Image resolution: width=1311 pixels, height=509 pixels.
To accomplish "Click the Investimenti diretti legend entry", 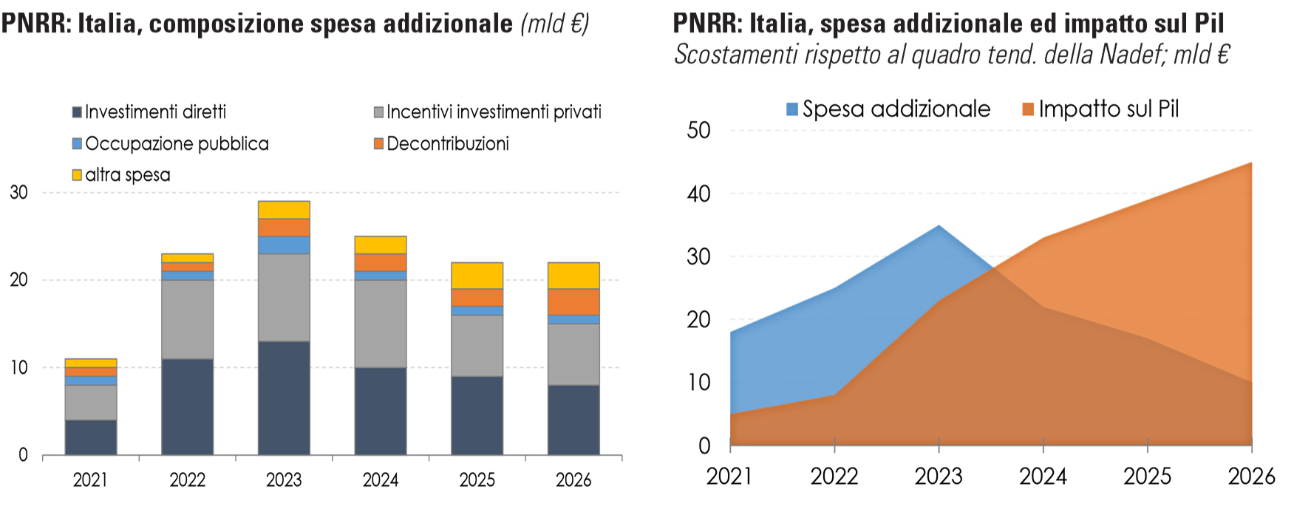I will pyautogui.click(x=149, y=112).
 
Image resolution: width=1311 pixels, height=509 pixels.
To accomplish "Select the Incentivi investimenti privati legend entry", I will pyautogui.click(x=488, y=112).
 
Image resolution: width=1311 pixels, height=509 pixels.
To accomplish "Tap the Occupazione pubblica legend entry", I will pyautogui.click(x=170, y=143).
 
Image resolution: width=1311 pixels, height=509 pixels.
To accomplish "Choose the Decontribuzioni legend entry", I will pyautogui.click(x=441, y=143).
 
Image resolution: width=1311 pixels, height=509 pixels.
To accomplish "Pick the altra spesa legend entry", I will pyautogui.click(x=121, y=175).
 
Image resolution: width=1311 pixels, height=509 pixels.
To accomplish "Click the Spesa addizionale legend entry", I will pyautogui.click(x=888, y=109).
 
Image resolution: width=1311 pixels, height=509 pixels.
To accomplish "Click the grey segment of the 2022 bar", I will pyautogui.click(x=187, y=319).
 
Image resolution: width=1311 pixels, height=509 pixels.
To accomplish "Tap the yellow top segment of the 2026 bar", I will pyautogui.click(x=573, y=276).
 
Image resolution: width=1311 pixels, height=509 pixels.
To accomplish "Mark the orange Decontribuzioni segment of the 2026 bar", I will pyautogui.click(x=573, y=301).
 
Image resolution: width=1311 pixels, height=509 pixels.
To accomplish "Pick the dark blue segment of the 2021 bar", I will pyautogui.click(x=91, y=437).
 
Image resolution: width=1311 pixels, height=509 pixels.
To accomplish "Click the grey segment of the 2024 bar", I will pyautogui.click(x=381, y=324).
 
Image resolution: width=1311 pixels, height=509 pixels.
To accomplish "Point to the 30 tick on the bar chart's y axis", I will pyautogui.click(x=18, y=193).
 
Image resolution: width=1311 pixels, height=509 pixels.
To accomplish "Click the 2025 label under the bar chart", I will pyautogui.click(x=477, y=480).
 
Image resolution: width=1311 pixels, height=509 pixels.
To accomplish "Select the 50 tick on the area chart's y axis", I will pyautogui.click(x=698, y=131).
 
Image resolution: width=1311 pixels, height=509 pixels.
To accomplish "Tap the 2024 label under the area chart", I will pyautogui.click(x=1043, y=476).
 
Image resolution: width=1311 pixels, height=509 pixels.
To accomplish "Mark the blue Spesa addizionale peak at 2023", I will pyautogui.click(x=939, y=226).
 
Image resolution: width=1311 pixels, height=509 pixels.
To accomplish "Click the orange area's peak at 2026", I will pyautogui.click(x=1250, y=163).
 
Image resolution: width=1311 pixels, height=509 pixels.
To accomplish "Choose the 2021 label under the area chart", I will pyautogui.click(x=729, y=476).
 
